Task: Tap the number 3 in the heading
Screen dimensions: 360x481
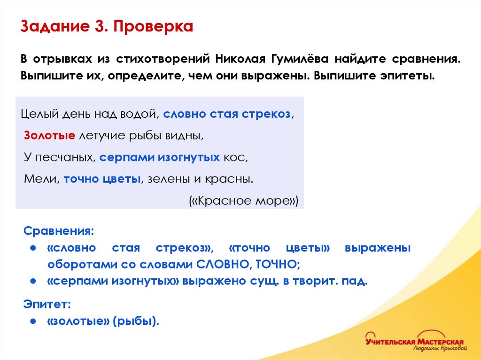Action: click(x=99, y=26)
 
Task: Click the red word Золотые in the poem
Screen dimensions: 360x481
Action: click(x=50, y=136)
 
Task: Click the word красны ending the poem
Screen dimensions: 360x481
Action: click(x=231, y=179)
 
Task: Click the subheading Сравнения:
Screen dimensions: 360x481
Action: click(x=59, y=231)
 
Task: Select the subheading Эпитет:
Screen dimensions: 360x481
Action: click(x=47, y=305)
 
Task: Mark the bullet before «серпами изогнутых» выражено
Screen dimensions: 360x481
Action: click(x=33, y=282)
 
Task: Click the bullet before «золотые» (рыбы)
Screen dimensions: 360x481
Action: click(x=33, y=322)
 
